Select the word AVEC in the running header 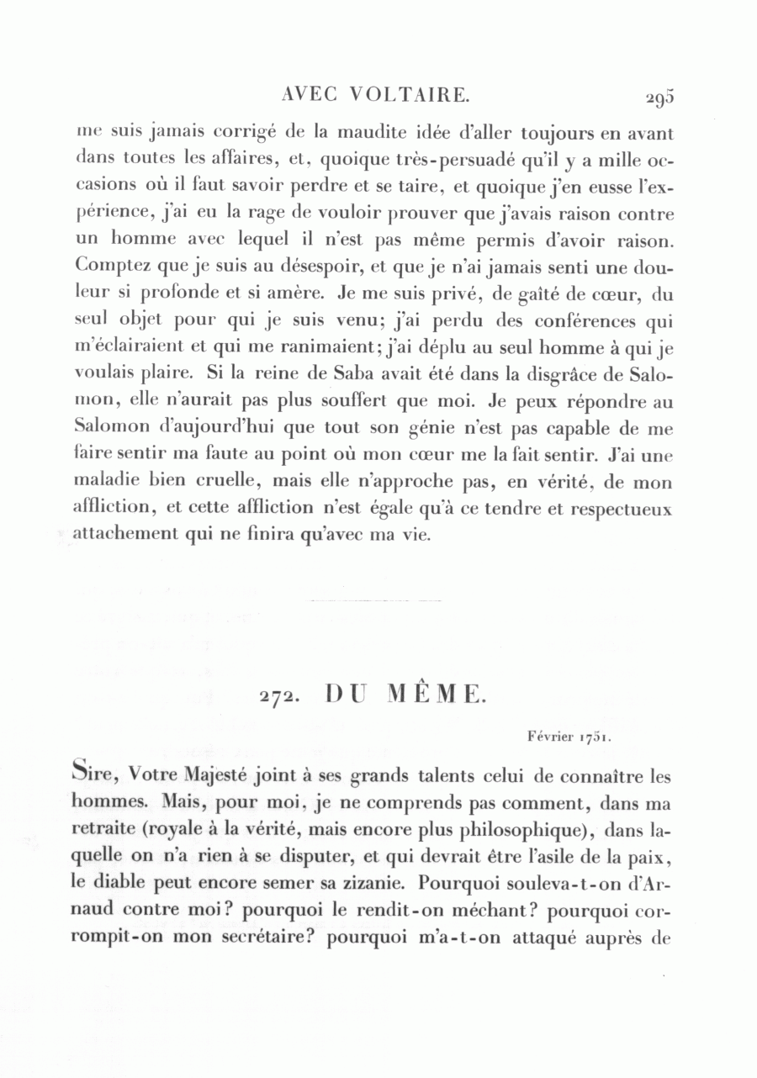[x=311, y=95]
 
